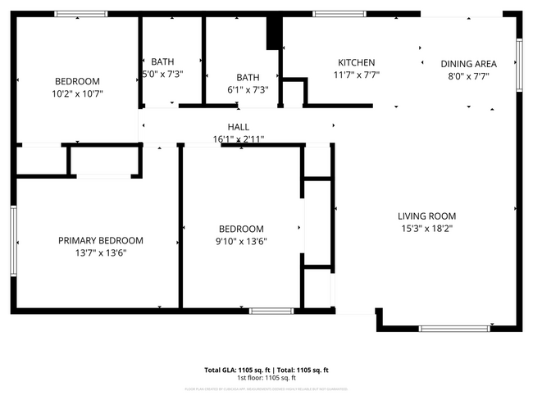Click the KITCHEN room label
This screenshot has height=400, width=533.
357,63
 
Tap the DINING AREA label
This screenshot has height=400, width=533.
468,63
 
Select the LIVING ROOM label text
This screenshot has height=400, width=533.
427,216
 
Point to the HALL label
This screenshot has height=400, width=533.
239,127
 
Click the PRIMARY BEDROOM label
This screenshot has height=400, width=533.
100,240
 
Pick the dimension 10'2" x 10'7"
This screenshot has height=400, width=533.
78,93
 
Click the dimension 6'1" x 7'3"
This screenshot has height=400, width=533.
247,90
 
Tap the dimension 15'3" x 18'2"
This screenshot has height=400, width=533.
427,229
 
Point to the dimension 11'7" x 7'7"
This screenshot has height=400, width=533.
357,75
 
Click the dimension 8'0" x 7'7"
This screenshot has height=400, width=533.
468,75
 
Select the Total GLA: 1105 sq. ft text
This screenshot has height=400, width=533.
238,370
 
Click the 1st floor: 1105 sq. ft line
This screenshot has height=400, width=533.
266,378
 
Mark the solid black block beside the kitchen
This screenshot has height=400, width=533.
273,35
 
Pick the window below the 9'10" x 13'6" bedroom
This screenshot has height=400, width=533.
271,311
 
